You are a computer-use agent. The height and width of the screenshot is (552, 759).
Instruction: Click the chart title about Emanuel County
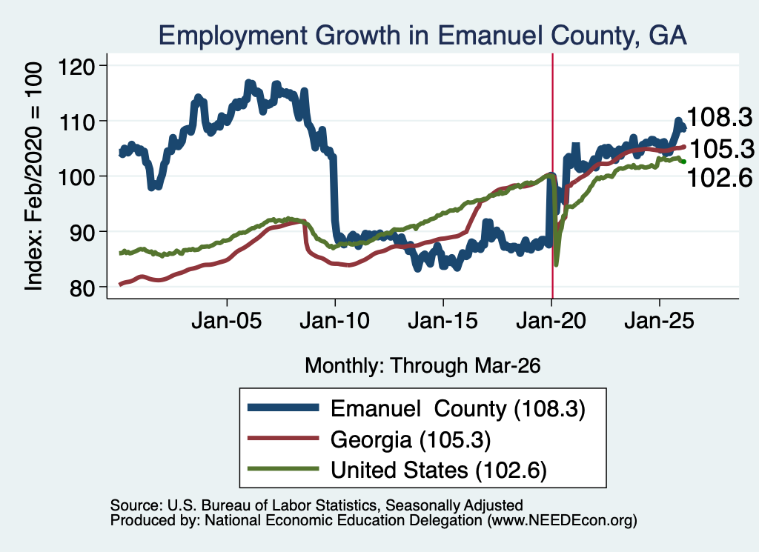(x=422, y=36)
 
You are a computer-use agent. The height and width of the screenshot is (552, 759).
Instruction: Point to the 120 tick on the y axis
(x=76, y=66)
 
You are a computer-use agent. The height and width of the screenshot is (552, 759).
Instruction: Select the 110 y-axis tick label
(x=76, y=122)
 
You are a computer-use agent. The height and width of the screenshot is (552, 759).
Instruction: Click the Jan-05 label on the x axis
(x=227, y=320)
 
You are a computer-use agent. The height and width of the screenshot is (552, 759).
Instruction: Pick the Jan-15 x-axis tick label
(x=443, y=320)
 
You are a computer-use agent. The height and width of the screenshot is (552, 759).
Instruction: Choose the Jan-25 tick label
(x=659, y=320)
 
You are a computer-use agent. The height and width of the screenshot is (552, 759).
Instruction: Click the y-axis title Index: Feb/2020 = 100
(x=33, y=176)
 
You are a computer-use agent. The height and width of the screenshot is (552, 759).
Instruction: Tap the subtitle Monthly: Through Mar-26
(x=422, y=365)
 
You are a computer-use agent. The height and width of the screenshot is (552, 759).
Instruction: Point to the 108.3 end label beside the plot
(x=720, y=117)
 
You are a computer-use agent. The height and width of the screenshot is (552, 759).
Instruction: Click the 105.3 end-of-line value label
(x=722, y=148)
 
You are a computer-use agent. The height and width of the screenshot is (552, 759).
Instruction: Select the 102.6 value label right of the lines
(x=720, y=178)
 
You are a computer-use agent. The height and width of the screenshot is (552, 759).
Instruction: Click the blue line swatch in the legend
(x=283, y=408)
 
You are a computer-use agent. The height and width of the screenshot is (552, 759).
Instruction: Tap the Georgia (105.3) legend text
(x=411, y=440)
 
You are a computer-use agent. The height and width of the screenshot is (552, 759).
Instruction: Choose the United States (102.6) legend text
(x=439, y=470)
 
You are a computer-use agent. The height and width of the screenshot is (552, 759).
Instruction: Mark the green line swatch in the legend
(x=283, y=469)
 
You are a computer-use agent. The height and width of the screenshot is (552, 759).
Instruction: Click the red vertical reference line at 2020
(x=552, y=176)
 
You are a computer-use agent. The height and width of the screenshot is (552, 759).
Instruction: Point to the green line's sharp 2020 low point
(x=556, y=265)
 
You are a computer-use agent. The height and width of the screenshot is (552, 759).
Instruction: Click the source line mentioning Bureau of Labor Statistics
(x=316, y=505)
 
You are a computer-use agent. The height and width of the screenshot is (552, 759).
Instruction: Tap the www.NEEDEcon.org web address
(x=562, y=521)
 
